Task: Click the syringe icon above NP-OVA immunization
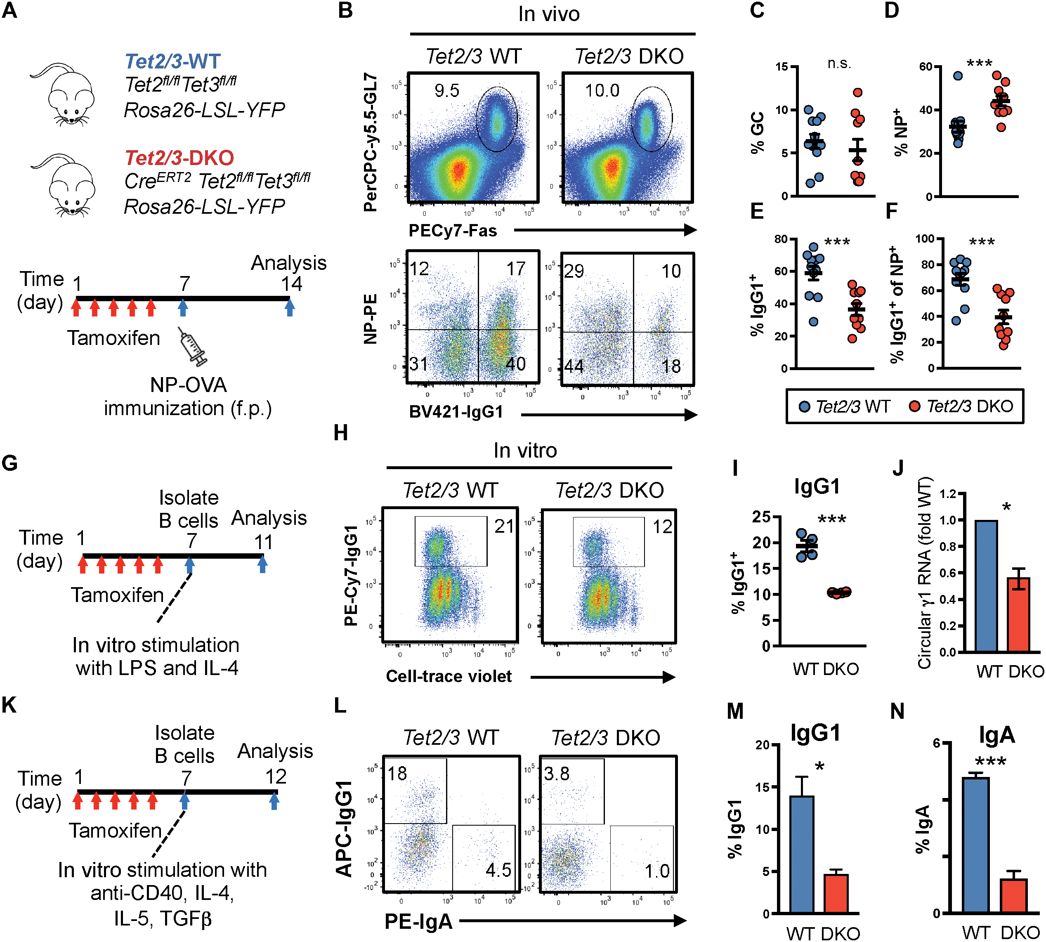click(x=193, y=346)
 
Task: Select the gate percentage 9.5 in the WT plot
click(x=446, y=91)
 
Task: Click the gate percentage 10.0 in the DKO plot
click(x=602, y=91)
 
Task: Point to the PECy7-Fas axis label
click(x=453, y=231)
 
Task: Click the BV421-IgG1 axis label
click(x=456, y=412)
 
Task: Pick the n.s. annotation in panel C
click(x=839, y=64)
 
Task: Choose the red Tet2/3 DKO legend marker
click(x=914, y=406)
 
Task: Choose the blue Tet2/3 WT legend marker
click(x=804, y=406)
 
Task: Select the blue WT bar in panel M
click(x=802, y=855)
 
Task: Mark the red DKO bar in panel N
click(x=1013, y=895)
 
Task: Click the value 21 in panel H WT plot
click(x=503, y=526)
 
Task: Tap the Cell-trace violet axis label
click(x=449, y=676)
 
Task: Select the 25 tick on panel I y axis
click(x=761, y=517)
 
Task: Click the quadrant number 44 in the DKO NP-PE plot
click(x=574, y=366)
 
